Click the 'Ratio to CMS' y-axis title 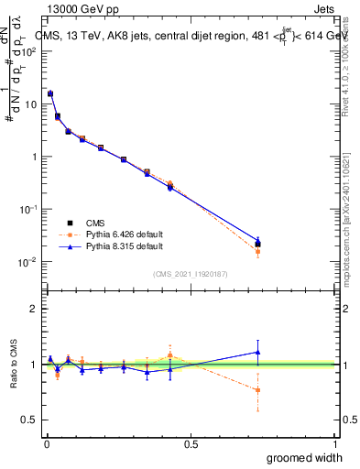pos(14,365)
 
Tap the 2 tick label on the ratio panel pos(33,309)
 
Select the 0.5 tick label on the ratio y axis pos(28,420)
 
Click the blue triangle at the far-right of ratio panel pos(257,352)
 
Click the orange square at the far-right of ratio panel pos(257,390)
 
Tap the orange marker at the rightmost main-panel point pos(257,252)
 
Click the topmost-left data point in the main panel pos(50,93)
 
